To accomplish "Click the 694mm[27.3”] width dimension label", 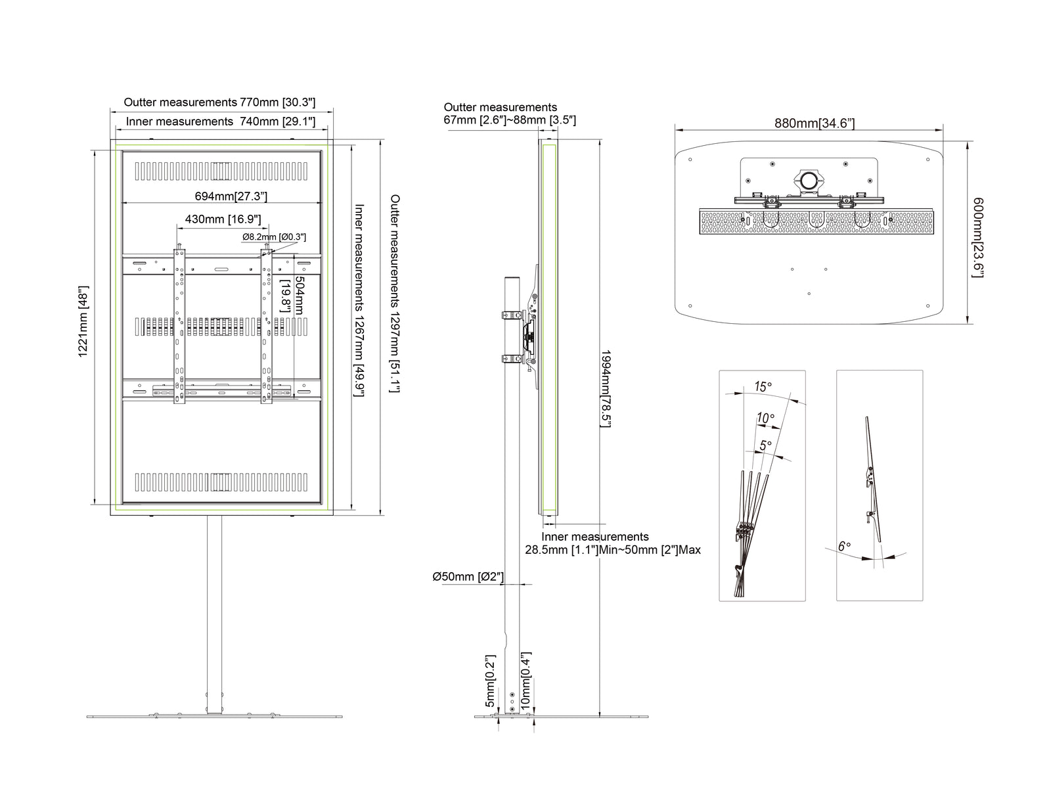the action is point(231,196).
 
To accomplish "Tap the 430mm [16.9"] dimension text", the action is point(223,219).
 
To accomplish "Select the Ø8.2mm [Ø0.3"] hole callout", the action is point(274,237).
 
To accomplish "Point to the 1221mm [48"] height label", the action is point(83,322).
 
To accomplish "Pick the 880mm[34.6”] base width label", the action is point(815,123).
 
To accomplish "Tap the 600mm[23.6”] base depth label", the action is point(977,237).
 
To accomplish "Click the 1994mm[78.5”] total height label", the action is point(606,389).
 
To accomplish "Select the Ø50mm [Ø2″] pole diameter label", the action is point(468,577).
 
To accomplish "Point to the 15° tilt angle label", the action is point(763,386).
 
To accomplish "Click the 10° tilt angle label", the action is point(765,418).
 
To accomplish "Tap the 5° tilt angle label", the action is point(766,445).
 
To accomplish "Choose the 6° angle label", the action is point(844,547).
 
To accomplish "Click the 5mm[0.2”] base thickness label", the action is point(490,681).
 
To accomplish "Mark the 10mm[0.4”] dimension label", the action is point(525,681).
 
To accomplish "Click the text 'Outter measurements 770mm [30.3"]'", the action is point(219,102).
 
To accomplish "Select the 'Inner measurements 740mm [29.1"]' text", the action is point(220,122).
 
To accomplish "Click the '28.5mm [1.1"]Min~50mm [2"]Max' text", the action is point(612,550).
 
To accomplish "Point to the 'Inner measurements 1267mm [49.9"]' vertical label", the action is point(359,301).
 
